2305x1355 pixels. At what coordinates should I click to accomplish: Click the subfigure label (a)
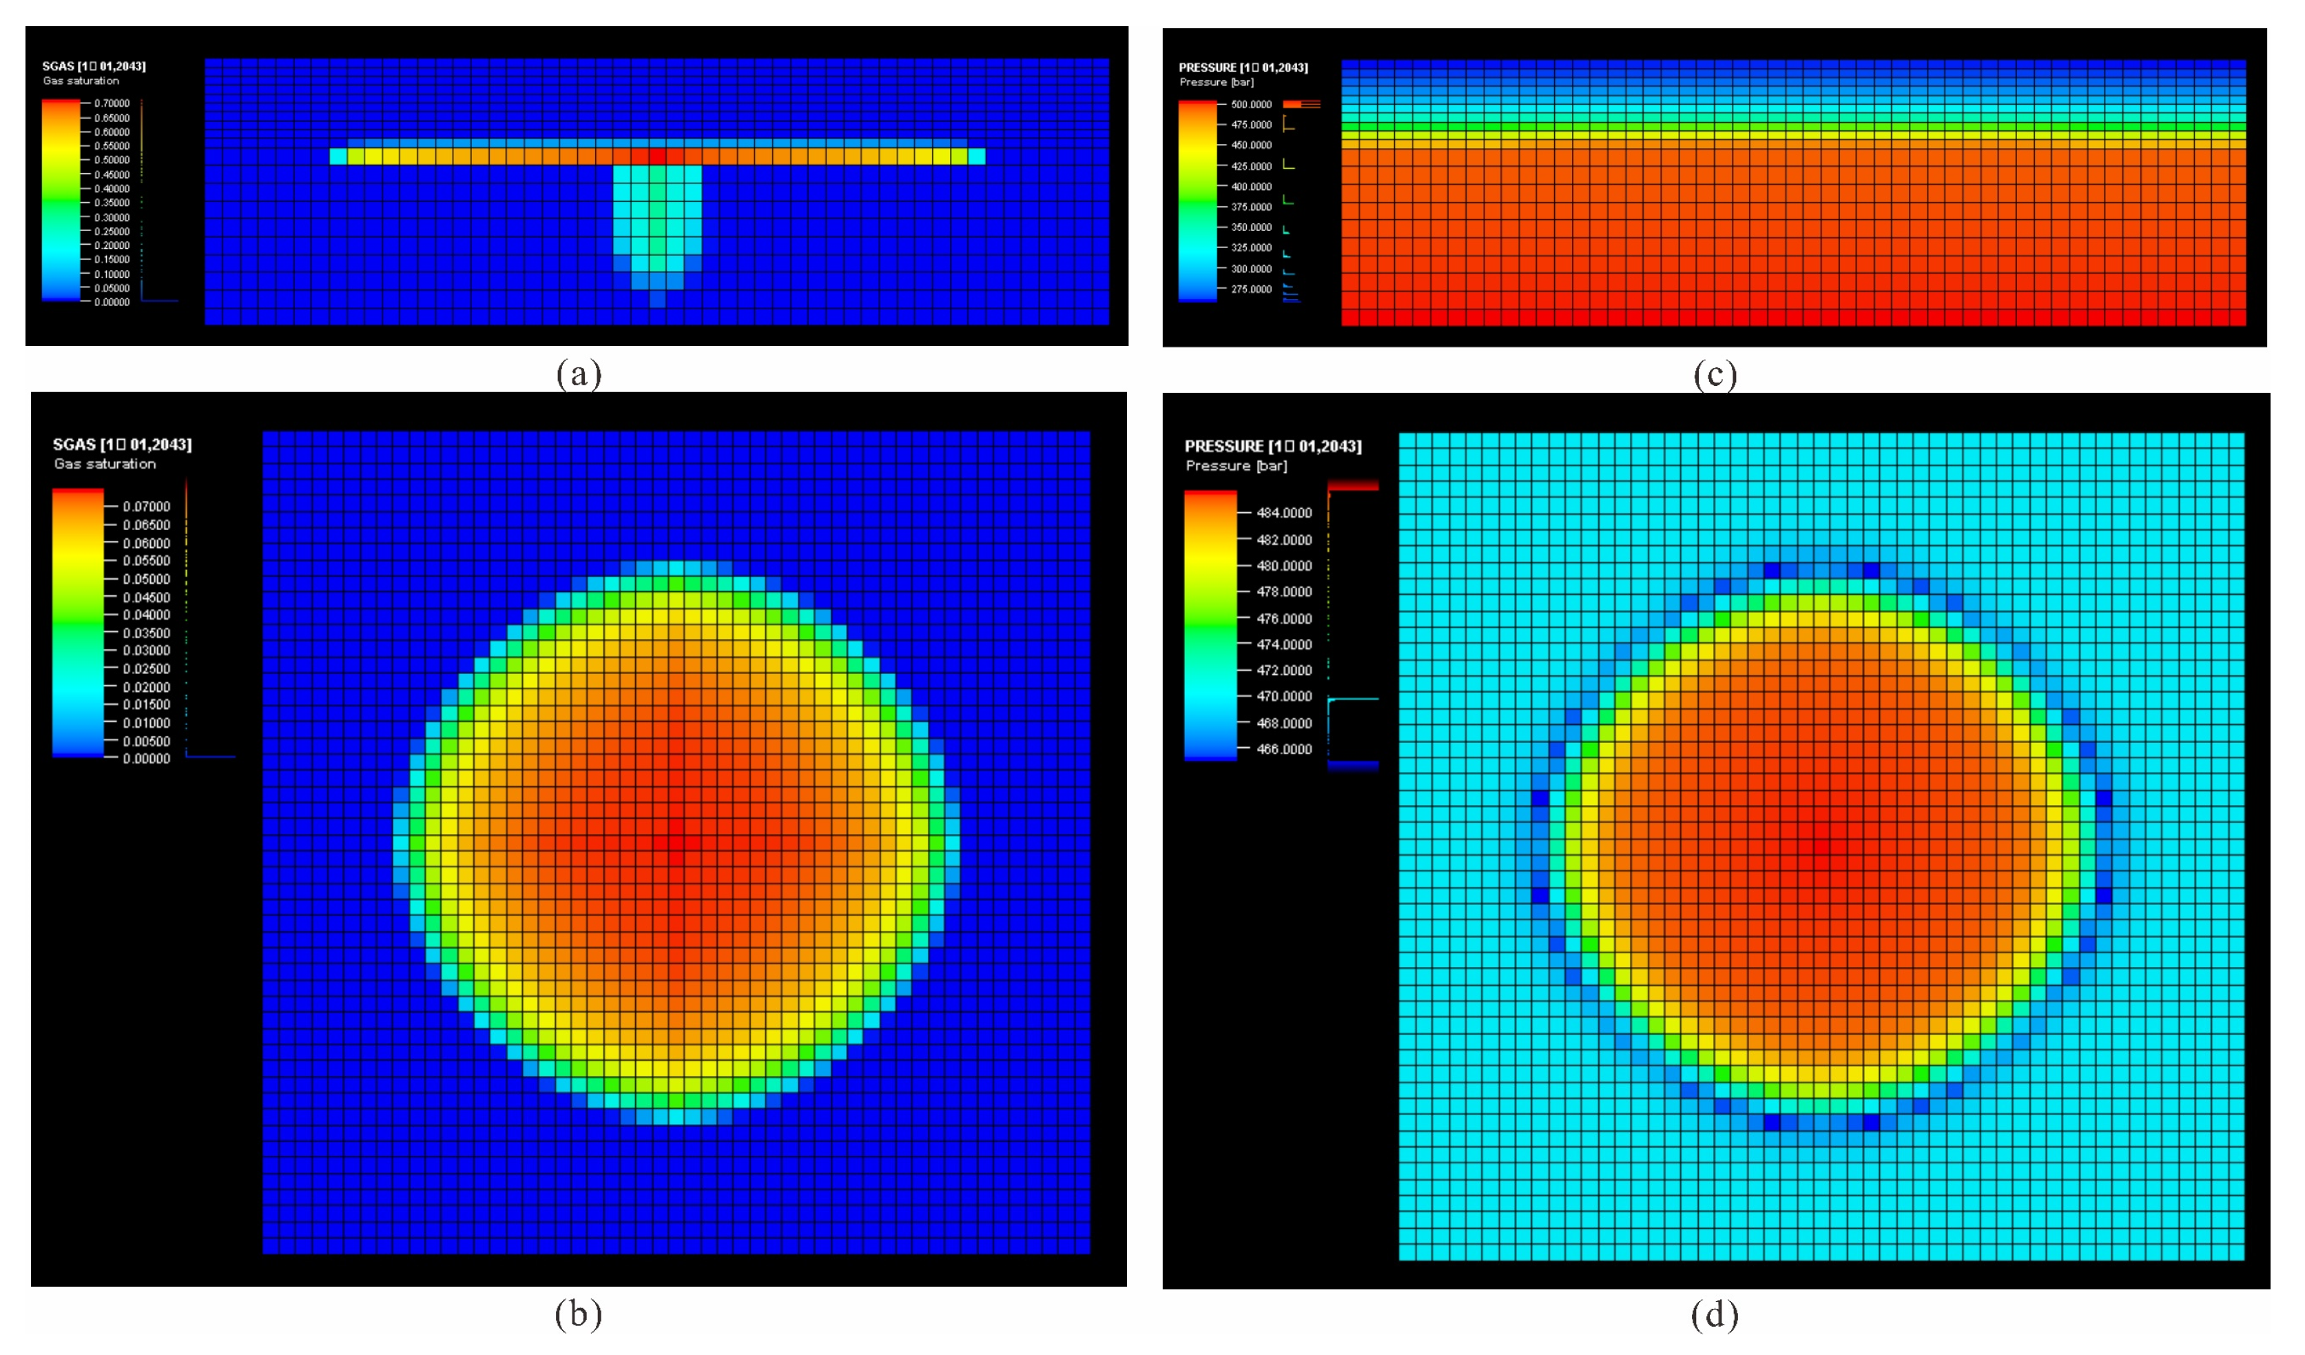coord(579,374)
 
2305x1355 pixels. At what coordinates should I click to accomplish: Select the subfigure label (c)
coord(1714,374)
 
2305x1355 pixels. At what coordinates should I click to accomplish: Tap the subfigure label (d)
coord(1714,1315)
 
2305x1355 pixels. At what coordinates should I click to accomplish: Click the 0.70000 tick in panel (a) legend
coord(112,103)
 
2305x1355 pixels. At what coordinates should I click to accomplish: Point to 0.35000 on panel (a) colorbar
coord(112,203)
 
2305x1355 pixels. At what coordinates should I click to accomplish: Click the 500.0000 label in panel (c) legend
coord(1250,104)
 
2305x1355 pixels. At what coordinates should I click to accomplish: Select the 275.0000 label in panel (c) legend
coord(1250,289)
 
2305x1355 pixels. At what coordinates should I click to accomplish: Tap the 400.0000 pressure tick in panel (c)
coord(1250,187)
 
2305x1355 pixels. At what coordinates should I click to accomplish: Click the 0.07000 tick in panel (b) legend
coord(146,506)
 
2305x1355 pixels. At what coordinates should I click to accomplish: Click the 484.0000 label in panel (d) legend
coord(1283,512)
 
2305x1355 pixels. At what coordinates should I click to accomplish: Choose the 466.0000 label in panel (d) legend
coord(1283,748)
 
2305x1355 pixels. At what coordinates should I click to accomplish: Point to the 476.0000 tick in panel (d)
coord(1283,618)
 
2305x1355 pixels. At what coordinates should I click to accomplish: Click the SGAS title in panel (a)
coord(93,66)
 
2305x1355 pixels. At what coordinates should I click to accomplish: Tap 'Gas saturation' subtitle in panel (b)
coord(104,464)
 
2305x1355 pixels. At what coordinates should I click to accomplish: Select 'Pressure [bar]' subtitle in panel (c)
coord(1216,82)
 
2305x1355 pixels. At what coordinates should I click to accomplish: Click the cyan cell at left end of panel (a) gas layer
coord(338,156)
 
